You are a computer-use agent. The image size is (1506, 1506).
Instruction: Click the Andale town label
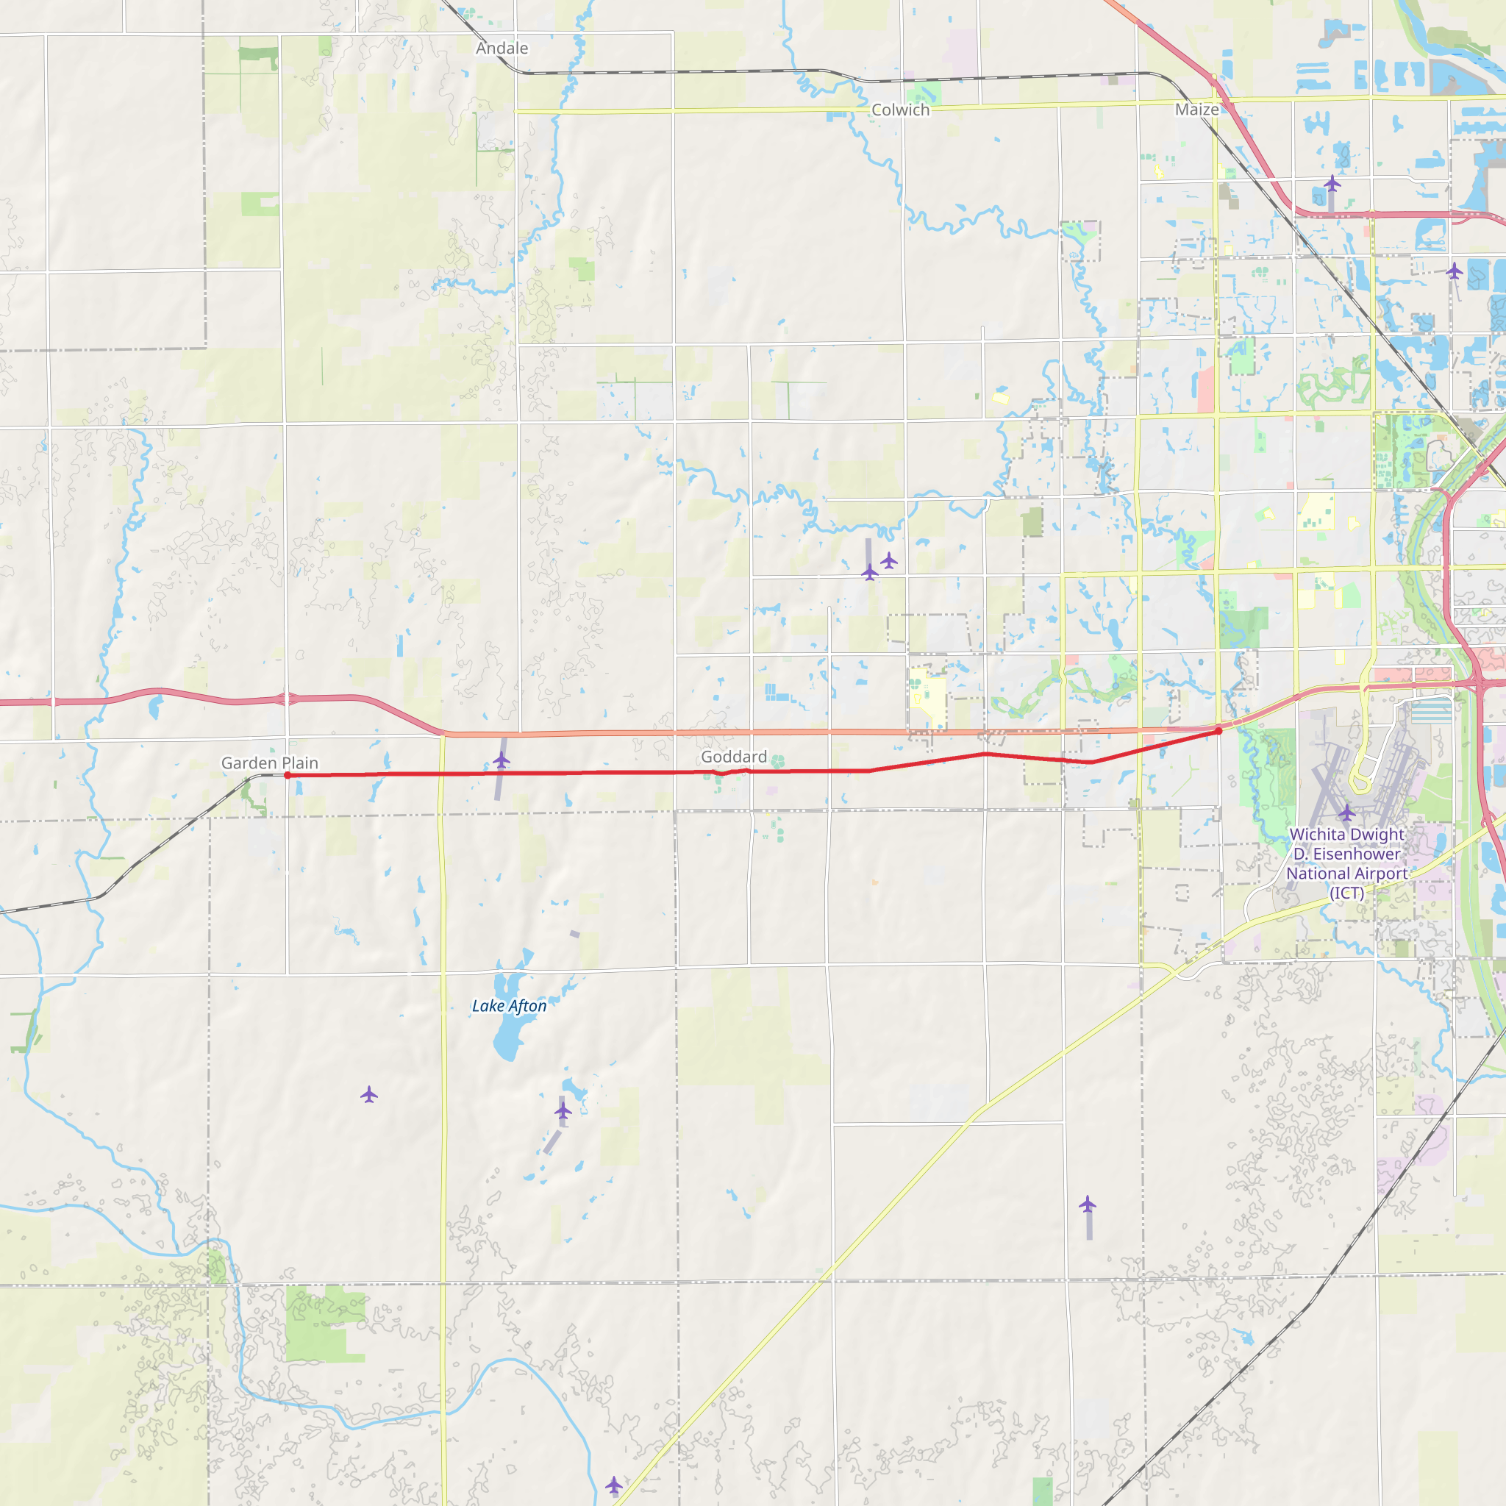(502, 49)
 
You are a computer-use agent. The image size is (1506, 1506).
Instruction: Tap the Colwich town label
(900, 110)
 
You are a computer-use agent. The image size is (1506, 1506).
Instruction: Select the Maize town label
(1196, 109)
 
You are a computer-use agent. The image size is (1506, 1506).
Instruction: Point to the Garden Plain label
(270, 763)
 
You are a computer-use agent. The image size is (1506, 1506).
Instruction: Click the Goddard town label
(733, 757)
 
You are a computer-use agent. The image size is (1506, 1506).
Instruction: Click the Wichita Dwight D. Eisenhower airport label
(1347, 864)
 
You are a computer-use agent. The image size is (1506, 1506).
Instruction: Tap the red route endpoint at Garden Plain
(288, 776)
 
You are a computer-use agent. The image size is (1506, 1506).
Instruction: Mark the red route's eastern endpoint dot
(1218, 731)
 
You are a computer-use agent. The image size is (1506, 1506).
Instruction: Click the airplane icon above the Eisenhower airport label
(1347, 813)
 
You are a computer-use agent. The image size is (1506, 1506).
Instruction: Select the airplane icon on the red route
(502, 760)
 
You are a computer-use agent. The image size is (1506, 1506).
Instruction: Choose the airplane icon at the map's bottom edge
(614, 1484)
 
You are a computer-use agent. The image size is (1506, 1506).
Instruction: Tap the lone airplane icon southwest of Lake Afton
(368, 1095)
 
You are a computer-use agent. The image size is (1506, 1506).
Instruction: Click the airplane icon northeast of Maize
(1332, 184)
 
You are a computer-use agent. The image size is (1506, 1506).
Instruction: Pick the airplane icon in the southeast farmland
(1088, 1205)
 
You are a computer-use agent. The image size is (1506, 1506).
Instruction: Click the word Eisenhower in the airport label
(1356, 854)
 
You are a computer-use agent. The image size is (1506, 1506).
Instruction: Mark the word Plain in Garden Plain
(300, 763)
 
